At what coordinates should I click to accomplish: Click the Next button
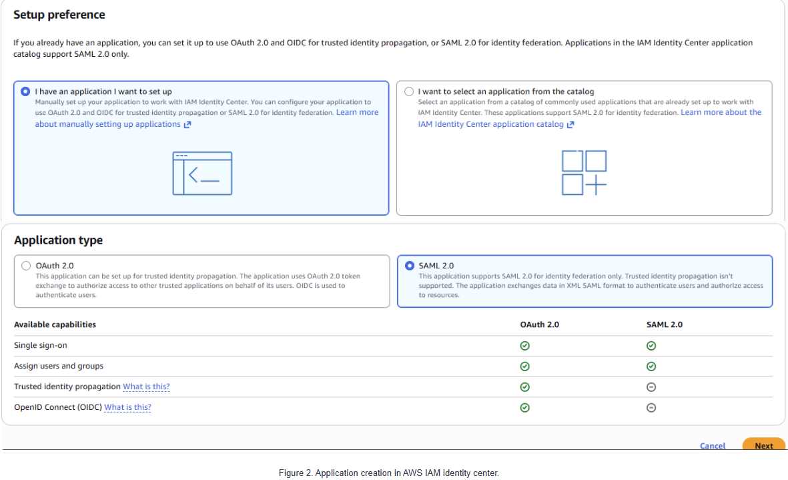(763, 445)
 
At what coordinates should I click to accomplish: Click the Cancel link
(712, 446)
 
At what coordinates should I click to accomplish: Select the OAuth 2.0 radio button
(26, 266)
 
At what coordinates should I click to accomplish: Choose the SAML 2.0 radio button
(410, 266)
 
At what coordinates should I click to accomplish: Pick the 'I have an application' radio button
(25, 91)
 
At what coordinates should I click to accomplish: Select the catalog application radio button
(409, 91)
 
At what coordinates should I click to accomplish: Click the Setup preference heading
(59, 15)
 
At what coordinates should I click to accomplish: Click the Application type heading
(58, 240)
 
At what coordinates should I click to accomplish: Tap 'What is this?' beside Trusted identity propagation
(146, 387)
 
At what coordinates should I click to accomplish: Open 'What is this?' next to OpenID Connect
(127, 407)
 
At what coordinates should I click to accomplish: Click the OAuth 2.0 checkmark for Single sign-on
(524, 346)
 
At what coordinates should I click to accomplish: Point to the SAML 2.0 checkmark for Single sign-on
(651, 346)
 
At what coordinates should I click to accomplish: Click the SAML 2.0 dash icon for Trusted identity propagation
(651, 387)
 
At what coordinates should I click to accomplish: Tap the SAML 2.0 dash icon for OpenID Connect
(651, 408)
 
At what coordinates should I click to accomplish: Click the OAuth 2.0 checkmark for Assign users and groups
(524, 367)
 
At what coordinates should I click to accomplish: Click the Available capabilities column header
(55, 324)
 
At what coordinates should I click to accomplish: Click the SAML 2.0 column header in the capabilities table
(665, 324)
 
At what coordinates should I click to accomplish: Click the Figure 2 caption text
(389, 473)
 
